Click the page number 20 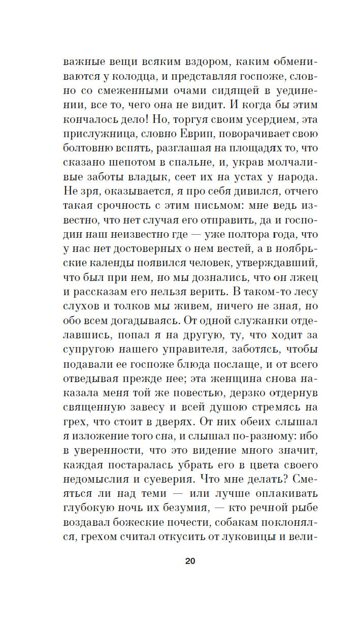190,561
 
